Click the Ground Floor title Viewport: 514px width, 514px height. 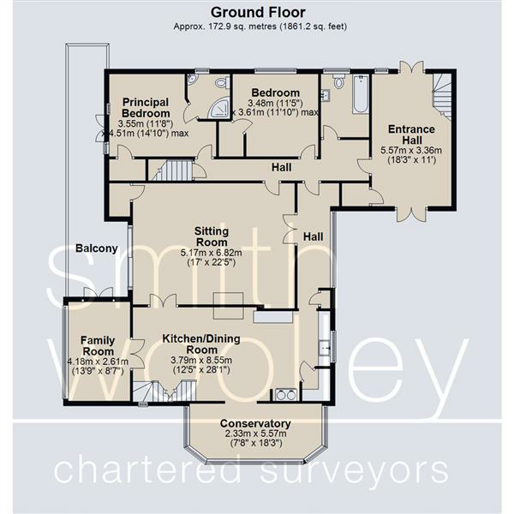click(258, 13)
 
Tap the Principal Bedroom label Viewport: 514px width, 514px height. click(146, 108)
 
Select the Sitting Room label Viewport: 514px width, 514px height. click(212, 236)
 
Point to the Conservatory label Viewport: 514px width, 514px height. click(255, 423)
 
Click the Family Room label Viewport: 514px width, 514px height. click(98, 346)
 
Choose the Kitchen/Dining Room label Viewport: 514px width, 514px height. click(201, 344)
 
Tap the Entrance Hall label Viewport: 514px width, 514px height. click(411, 134)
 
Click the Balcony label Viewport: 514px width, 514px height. click(96, 248)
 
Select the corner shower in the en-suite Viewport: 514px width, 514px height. click(218, 108)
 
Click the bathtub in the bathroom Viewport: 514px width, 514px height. click(361, 94)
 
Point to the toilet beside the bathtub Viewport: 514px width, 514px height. click(338, 80)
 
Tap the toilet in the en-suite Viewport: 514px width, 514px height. click(222, 81)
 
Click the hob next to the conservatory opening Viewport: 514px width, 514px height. click(286, 395)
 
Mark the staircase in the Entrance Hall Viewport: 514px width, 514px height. click(443, 97)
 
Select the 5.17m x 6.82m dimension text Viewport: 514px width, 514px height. click(212, 253)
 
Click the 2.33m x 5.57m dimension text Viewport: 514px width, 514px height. click(255, 433)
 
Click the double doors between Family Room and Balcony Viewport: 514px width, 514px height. click(98, 293)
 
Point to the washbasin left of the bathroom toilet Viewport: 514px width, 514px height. click(326, 95)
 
